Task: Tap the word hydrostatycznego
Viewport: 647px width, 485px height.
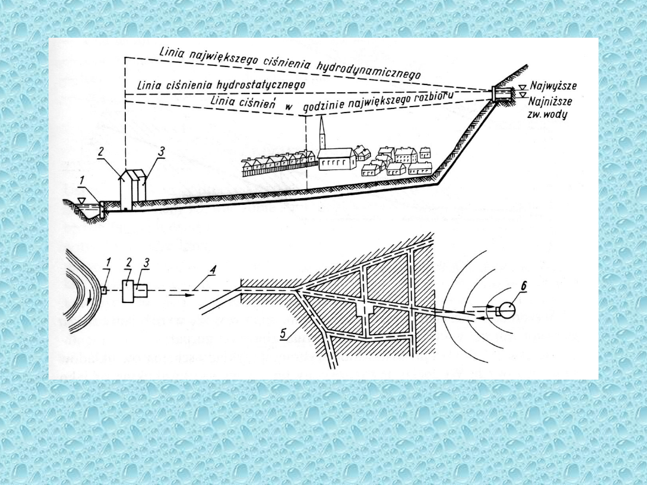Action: coord(261,86)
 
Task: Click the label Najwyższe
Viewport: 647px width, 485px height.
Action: coord(554,86)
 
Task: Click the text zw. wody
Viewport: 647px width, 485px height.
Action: coord(548,114)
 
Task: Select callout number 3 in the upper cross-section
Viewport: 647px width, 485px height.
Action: coord(161,151)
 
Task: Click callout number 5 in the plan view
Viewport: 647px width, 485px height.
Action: coord(283,334)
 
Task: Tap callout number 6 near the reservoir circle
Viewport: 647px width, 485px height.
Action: coord(512,286)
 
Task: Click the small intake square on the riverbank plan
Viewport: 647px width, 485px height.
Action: coord(104,290)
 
